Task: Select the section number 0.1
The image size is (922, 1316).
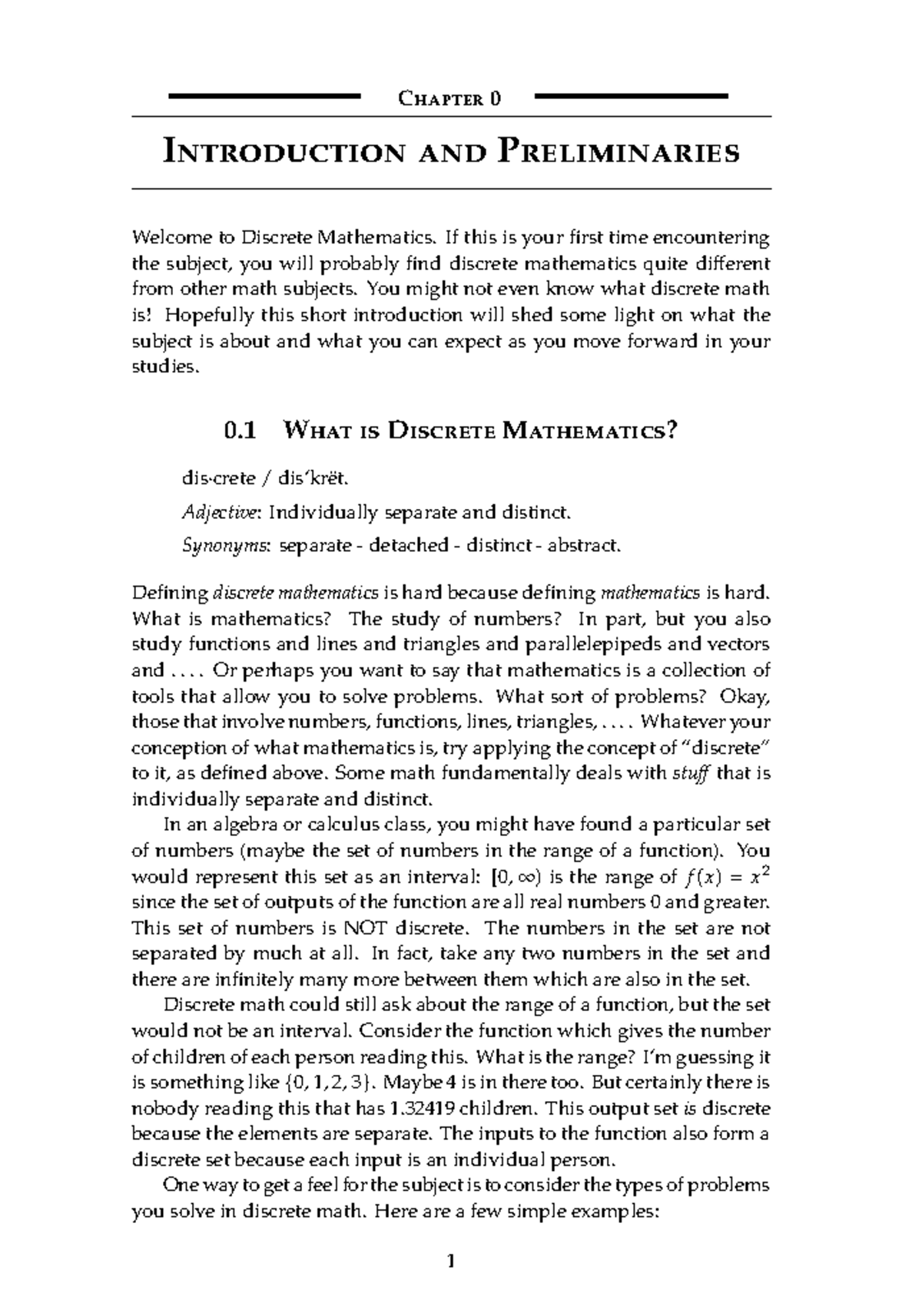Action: [x=237, y=432]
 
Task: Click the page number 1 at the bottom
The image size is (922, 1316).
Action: [x=451, y=1261]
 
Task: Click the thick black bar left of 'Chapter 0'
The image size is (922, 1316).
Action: [x=263, y=96]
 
